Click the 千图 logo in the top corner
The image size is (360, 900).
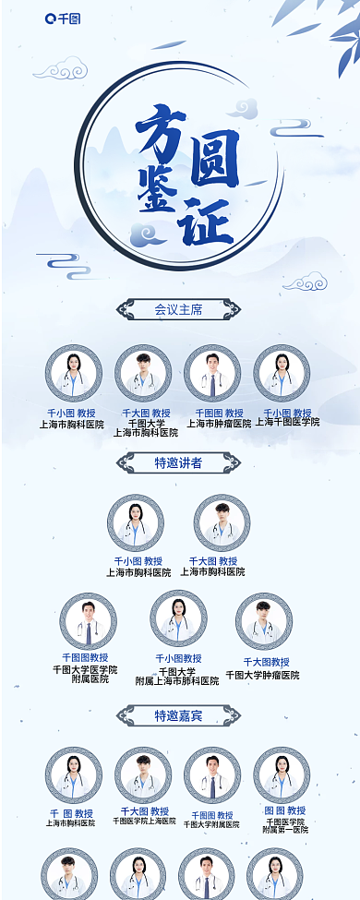(63, 18)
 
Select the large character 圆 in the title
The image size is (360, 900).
(215, 158)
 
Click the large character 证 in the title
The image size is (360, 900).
(209, 220)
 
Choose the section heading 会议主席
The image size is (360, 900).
(178, 310)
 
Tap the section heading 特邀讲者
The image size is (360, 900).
(178, 462)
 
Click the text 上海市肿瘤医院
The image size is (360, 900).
(220, 424)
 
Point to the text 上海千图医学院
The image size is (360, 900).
(287, 422)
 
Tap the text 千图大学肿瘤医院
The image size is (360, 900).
(262, 676)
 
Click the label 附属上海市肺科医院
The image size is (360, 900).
(178, 681)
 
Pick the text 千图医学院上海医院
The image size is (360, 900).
(144, 821)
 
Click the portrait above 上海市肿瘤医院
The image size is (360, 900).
(212, 374)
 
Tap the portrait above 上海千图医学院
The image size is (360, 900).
(282, 374)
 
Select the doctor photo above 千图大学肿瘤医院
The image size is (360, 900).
(263, 621)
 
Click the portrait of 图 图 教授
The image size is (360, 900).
(282, 775)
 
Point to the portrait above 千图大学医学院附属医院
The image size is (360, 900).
(88, 621)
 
